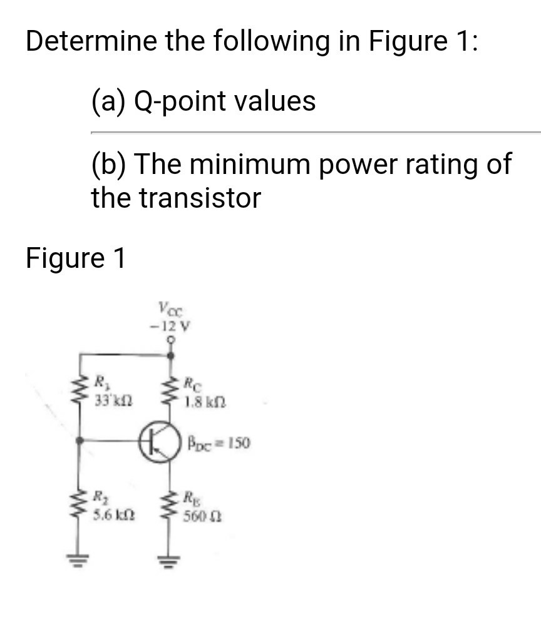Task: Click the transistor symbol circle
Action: pos(165,442)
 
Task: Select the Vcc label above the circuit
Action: pos(171,308)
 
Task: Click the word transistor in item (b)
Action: pos(198,198)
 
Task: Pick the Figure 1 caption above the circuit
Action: pos(75,258)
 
